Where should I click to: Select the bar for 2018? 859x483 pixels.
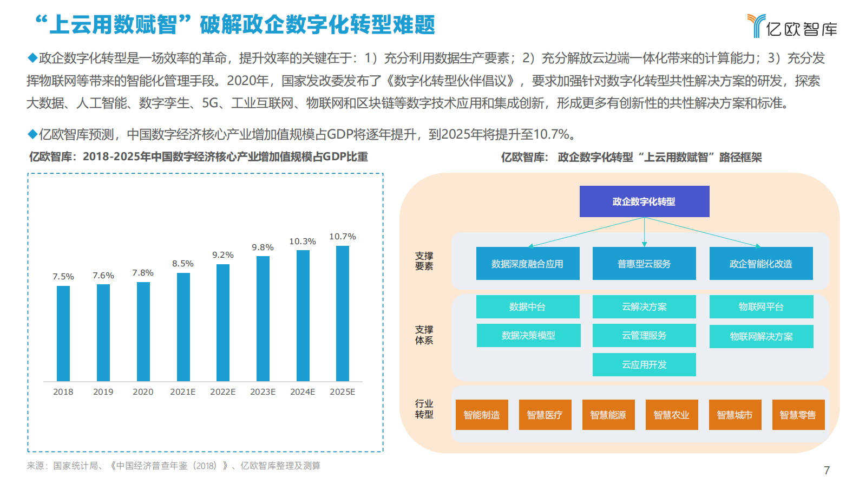click(63, 333)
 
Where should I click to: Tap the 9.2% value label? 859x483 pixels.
click(223, 255)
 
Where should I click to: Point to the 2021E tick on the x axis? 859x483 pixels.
click(183, 391)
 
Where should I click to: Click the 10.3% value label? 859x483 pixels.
click(303, 241)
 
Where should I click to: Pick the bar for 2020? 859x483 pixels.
click(143, 331)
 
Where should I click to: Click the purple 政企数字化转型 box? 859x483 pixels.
click(644, 201)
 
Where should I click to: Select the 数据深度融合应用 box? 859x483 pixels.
click(528, 264)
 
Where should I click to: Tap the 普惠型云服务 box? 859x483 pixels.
click(644, 264)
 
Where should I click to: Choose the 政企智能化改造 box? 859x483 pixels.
click(761, 264)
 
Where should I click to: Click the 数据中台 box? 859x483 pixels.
click(528, 306)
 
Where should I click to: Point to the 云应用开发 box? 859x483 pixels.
click(644, 364)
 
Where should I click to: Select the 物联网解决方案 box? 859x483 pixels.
click(761, 336)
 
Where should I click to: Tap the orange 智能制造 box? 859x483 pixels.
click(482, 415)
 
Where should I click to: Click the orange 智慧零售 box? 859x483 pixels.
click(798, 415)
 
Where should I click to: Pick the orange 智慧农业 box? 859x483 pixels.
click(672, 415)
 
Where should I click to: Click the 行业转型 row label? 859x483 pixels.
click(424, 409)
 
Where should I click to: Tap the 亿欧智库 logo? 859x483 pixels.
click(792, 26)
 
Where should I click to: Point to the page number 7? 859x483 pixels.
click(827, 470)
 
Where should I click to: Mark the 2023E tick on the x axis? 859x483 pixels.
click(263, 391)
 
